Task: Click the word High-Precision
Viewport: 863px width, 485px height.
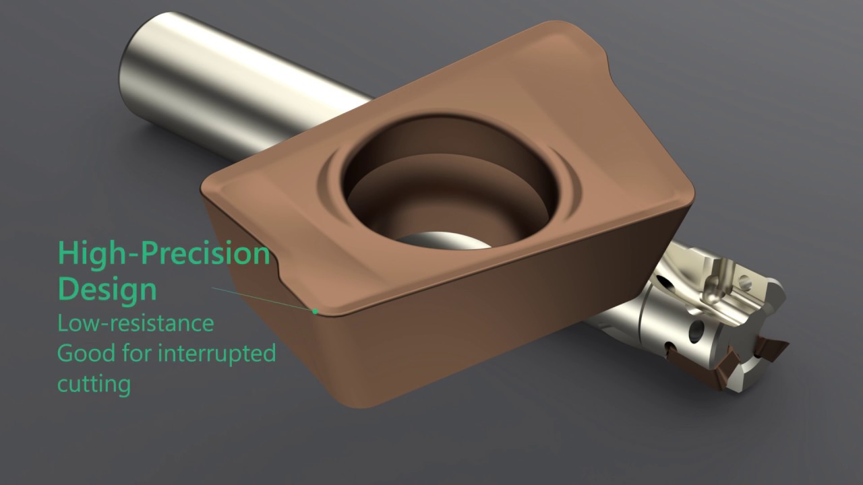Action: (164, 253)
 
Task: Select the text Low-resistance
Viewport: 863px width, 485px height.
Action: (135, 323)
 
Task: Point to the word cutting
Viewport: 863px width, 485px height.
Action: (93, 384)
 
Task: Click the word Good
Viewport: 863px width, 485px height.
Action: (82, 352)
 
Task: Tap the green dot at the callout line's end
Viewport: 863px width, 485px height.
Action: (315, 311)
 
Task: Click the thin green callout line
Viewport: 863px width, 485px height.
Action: (263, 299)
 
